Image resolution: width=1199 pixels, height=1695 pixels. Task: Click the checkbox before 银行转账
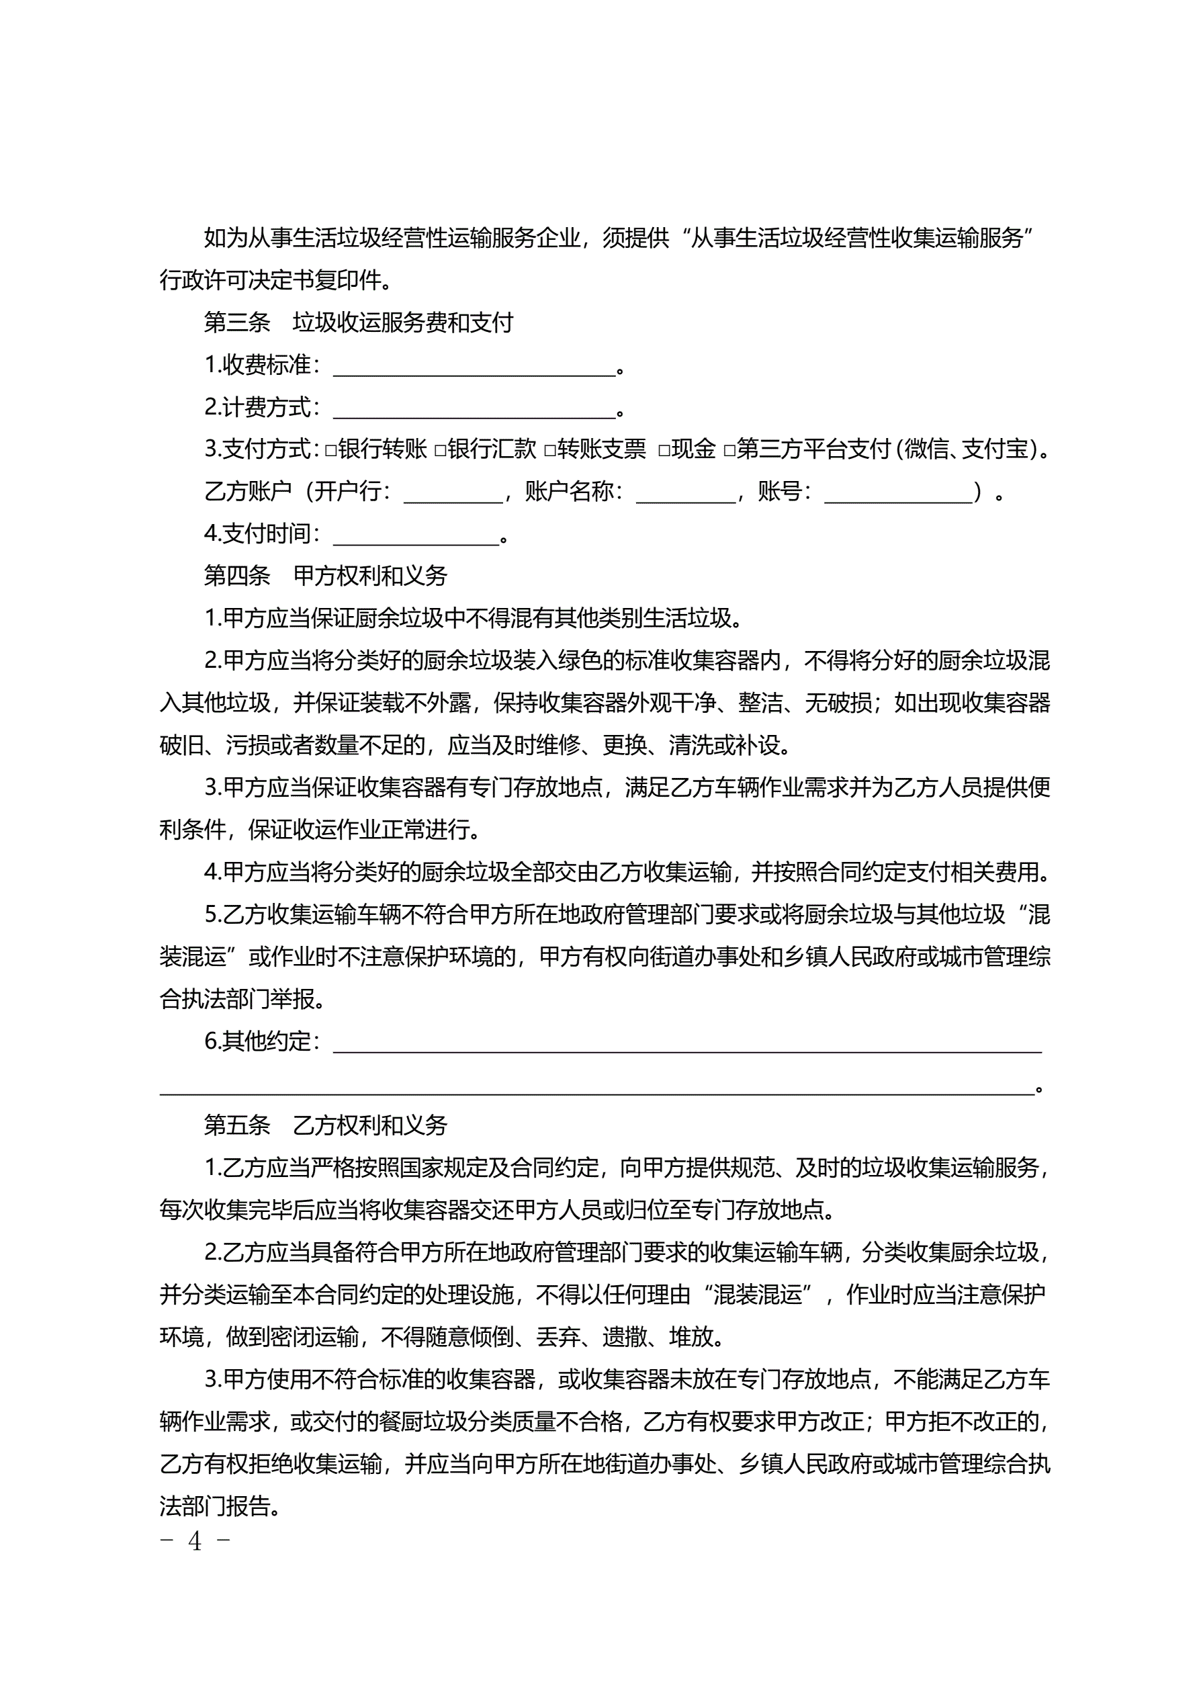click(x=330, y=449)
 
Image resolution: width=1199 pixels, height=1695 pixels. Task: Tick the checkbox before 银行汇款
click(x=440, y=449)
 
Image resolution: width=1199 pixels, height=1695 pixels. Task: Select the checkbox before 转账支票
click(x=549, y=449)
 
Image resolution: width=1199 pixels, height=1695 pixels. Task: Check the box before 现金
click(x=664, y=449)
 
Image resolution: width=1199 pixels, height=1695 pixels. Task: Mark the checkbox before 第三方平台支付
click(x=729, y=449)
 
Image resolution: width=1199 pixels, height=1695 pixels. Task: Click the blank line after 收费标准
click(x=474, y=367)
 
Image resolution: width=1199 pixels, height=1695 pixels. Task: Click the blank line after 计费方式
click(x=474, y=409)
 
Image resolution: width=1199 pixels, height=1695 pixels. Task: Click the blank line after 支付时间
click(x=416, y=536)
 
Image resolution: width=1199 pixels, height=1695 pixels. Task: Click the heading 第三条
click(x=237, y=322)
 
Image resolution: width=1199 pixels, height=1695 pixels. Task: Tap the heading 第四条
click(x=237, y=576)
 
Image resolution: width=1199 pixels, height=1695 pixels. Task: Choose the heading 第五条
click(x=237, y=1125)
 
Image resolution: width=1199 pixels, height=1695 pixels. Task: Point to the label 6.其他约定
click(x=262, y=1041)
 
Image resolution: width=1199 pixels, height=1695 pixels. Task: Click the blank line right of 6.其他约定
click(x=686, y=1044)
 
